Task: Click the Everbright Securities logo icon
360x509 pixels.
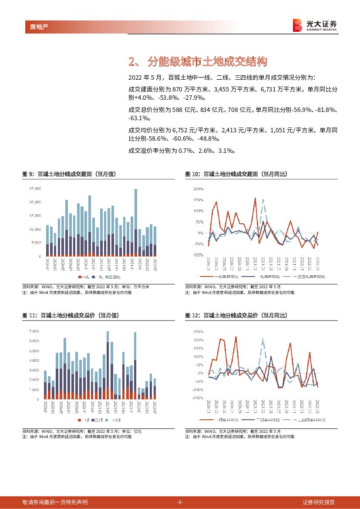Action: (298, 25)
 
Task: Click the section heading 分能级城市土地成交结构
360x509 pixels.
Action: (206, 62)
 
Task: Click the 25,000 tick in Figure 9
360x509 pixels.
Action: (35, 189)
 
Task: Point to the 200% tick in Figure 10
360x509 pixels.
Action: (198, 189)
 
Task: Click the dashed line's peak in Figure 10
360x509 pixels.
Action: (263, 200)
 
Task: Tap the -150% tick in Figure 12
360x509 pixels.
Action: (197, 398)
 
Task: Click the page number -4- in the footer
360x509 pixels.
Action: (180, 502)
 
